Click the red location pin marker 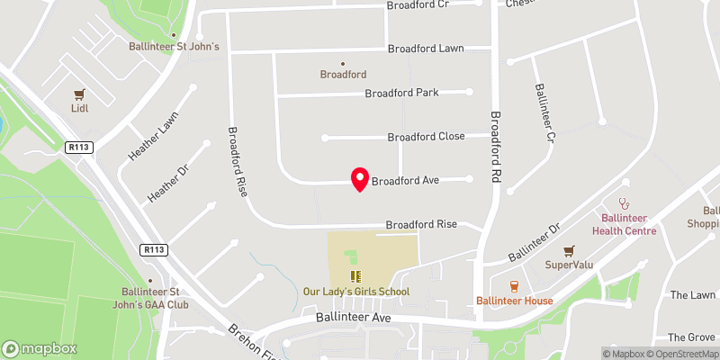[360, 178]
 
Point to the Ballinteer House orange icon [514, 286]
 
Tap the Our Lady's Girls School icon [355, 276]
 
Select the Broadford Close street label [426, 137]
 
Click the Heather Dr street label [164, 180]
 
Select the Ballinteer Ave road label [351, 318]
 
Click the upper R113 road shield [79, 146]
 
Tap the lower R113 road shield [154, 249]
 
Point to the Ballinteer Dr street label [534, 241]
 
